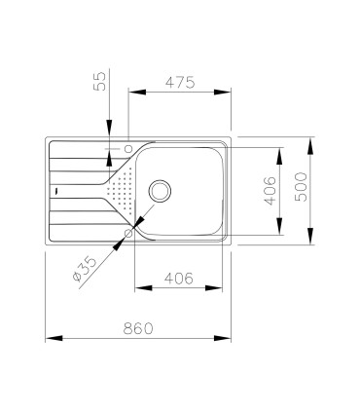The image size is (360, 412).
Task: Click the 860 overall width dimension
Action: coord(138,328)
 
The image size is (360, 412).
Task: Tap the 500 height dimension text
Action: coord(302,187)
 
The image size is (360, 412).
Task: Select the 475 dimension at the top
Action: coord(180,82)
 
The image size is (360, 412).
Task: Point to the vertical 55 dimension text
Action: coord(99,81)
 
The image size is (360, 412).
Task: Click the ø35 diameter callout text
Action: coord(85,269)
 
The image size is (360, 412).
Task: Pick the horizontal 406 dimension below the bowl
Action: coord(179,279)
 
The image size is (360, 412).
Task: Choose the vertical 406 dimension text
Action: coord(270,191)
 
